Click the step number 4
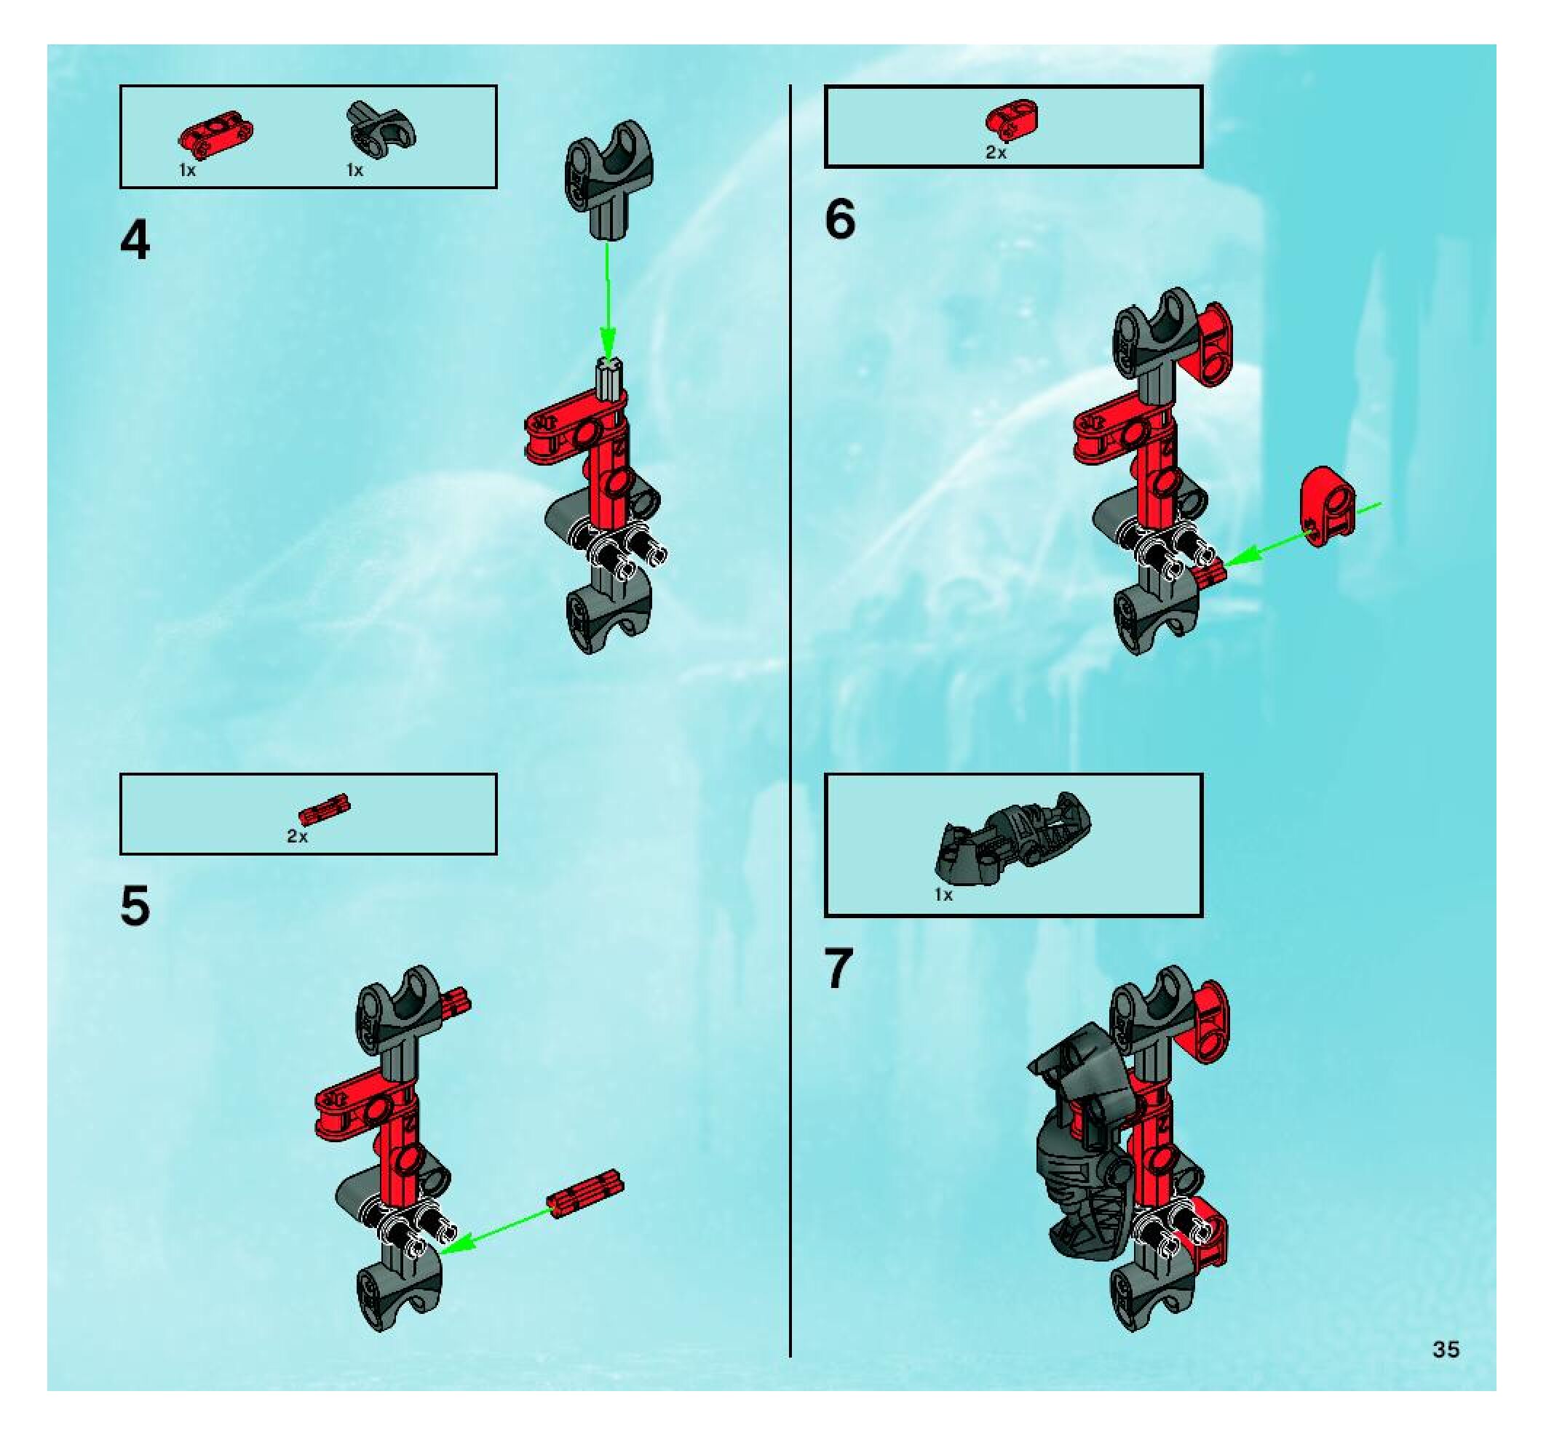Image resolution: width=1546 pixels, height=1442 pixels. coord(135,241)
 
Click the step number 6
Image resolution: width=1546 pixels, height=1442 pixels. coord(840,219)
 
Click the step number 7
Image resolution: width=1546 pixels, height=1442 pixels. coord(839,968)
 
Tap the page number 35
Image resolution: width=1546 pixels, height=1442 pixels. coord(1446,1349)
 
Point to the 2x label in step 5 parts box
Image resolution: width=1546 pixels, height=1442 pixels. coord(297,837)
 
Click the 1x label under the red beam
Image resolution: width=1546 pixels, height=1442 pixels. coord(187,170)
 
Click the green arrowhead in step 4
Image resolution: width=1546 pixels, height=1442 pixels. coord(608,348)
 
